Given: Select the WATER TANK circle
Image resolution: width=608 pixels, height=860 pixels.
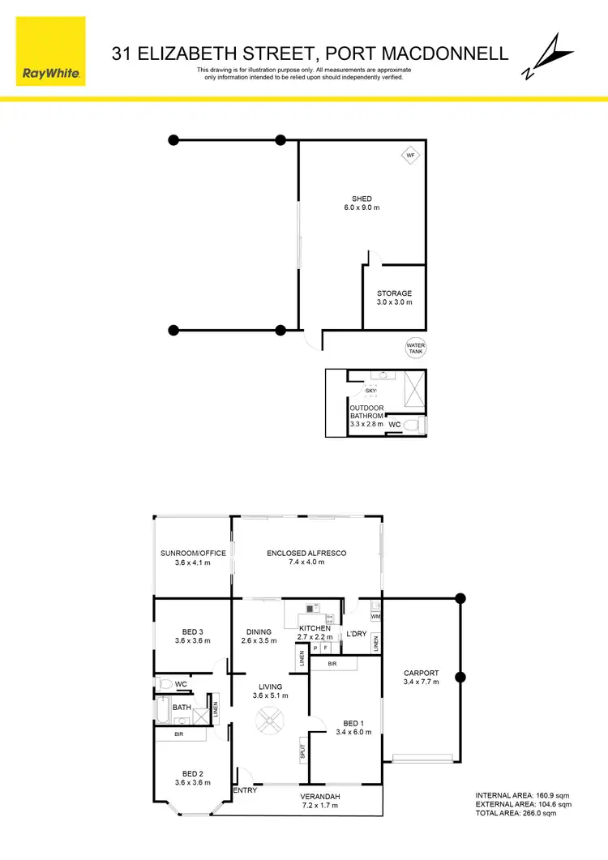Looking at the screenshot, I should [x=416, y=348].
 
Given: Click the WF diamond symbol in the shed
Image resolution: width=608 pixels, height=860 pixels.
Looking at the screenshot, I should [x=410, y=155].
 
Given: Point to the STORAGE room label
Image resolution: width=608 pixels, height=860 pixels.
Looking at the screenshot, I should [x=394, y=293].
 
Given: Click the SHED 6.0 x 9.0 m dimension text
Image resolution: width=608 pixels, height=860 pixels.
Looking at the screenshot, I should [x=362, y=208].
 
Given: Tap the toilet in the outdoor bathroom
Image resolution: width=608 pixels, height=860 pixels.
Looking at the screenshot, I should [x=413, y=424].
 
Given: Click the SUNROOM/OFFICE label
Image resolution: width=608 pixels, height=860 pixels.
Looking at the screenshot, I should [x=193, y=554].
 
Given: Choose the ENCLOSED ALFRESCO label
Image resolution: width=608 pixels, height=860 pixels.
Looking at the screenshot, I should [x=306, y=554].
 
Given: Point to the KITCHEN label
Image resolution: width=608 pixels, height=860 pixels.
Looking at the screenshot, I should [x=315, y=629].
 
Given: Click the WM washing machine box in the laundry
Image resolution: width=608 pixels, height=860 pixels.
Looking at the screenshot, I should [x=375, y=617].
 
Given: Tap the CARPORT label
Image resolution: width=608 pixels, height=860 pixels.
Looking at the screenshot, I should [x=421, y=673].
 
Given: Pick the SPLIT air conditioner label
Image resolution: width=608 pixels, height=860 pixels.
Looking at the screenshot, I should [x=302, y=751].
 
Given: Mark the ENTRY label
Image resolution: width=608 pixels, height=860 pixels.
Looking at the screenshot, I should [x=245, y=790].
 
